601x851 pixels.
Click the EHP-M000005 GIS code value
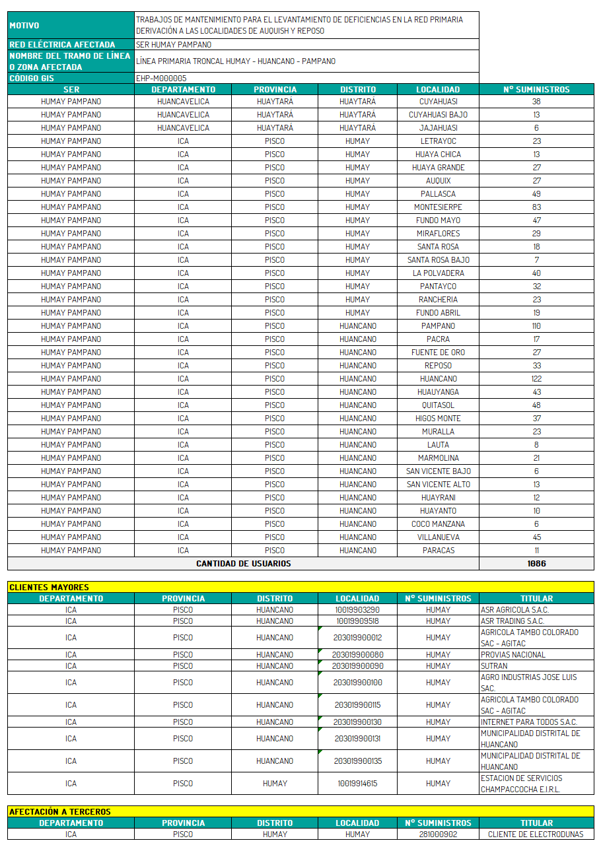click(x=161, y=79)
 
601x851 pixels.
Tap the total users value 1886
click(x=536, y=564)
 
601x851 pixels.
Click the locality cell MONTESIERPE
click(x=438, y=207)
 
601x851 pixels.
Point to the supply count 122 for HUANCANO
click(x=536, y=379)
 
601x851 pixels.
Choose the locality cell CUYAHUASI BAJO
click(x=438, y=115)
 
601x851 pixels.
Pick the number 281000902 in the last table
click(x=438, y=834)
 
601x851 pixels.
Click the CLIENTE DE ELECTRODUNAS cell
click(x=536, y=834)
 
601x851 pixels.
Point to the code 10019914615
click(x=357, y=784)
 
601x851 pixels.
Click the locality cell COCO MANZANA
click(x=438, y=524)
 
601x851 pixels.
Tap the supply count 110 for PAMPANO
click(x=536, y=326)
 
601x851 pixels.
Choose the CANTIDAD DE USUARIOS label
click(x=243, y=564)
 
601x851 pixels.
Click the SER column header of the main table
click(x=71, y=90)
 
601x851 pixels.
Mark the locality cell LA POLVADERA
click(x=438, y=273)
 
